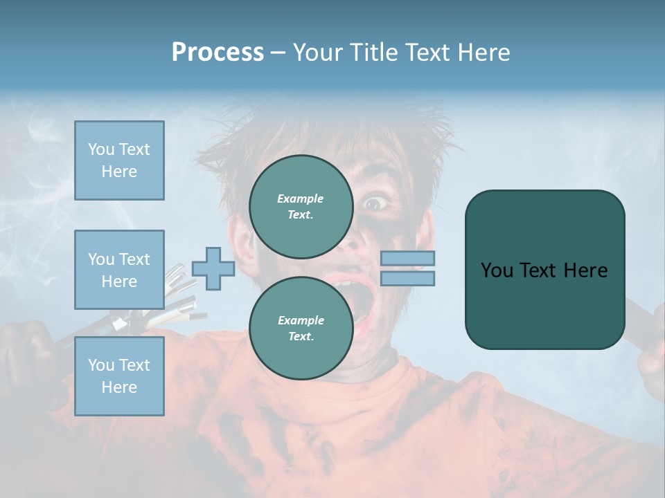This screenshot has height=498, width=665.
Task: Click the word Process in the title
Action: (218, 52)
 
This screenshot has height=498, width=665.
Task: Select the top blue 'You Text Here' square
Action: (119, 160)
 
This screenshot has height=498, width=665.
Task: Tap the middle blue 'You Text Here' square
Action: (119, 270)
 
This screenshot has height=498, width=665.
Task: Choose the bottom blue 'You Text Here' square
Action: (119, 376)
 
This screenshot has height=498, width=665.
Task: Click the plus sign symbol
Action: (213, 268)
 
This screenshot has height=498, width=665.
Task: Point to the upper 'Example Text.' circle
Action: (301, 207)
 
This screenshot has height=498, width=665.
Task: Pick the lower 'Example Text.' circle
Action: (301, 329)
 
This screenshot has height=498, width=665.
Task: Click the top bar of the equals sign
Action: (408, 258)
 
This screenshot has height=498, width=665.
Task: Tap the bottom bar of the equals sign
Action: (408, 278)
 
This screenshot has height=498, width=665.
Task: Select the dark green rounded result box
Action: (544, 270)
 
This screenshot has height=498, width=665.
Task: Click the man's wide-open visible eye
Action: (374, 203)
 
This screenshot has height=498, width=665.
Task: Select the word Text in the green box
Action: (547, 270)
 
